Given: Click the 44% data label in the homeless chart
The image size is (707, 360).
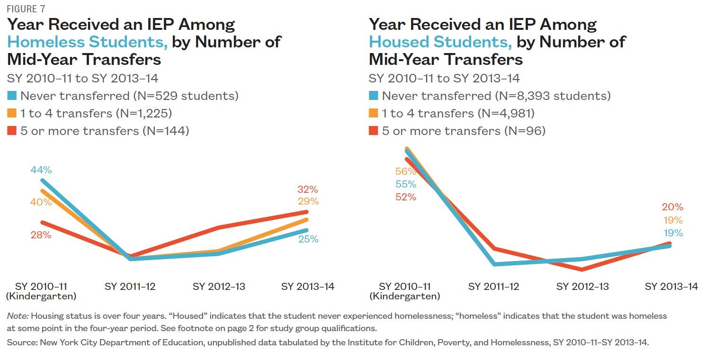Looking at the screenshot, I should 41,170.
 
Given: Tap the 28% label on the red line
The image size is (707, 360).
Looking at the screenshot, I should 41,234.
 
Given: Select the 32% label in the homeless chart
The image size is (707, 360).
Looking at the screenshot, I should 308,189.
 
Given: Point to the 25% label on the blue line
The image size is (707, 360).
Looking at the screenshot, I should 308,240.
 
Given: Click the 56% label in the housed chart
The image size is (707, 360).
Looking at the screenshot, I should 406,171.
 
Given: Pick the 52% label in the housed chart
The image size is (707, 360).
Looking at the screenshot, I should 406,197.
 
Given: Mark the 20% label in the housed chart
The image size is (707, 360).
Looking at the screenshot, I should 672,207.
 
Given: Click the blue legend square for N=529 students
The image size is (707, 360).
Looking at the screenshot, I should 12,96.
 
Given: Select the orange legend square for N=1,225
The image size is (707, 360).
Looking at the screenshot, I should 12,113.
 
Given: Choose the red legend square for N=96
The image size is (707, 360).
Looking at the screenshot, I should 374,131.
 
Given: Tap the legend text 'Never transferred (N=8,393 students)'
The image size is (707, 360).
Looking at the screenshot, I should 496,96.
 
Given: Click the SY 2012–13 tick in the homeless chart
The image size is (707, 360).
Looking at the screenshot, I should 219,287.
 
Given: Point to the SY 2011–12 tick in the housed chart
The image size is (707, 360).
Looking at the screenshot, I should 493,287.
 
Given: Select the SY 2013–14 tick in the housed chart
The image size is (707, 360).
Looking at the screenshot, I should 671,287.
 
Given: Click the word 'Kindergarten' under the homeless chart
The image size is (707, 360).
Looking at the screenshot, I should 41,297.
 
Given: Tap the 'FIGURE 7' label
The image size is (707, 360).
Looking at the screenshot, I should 27,9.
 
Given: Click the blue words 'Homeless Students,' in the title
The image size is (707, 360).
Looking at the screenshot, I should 88,42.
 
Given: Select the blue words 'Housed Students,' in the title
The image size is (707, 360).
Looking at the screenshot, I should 440,42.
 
